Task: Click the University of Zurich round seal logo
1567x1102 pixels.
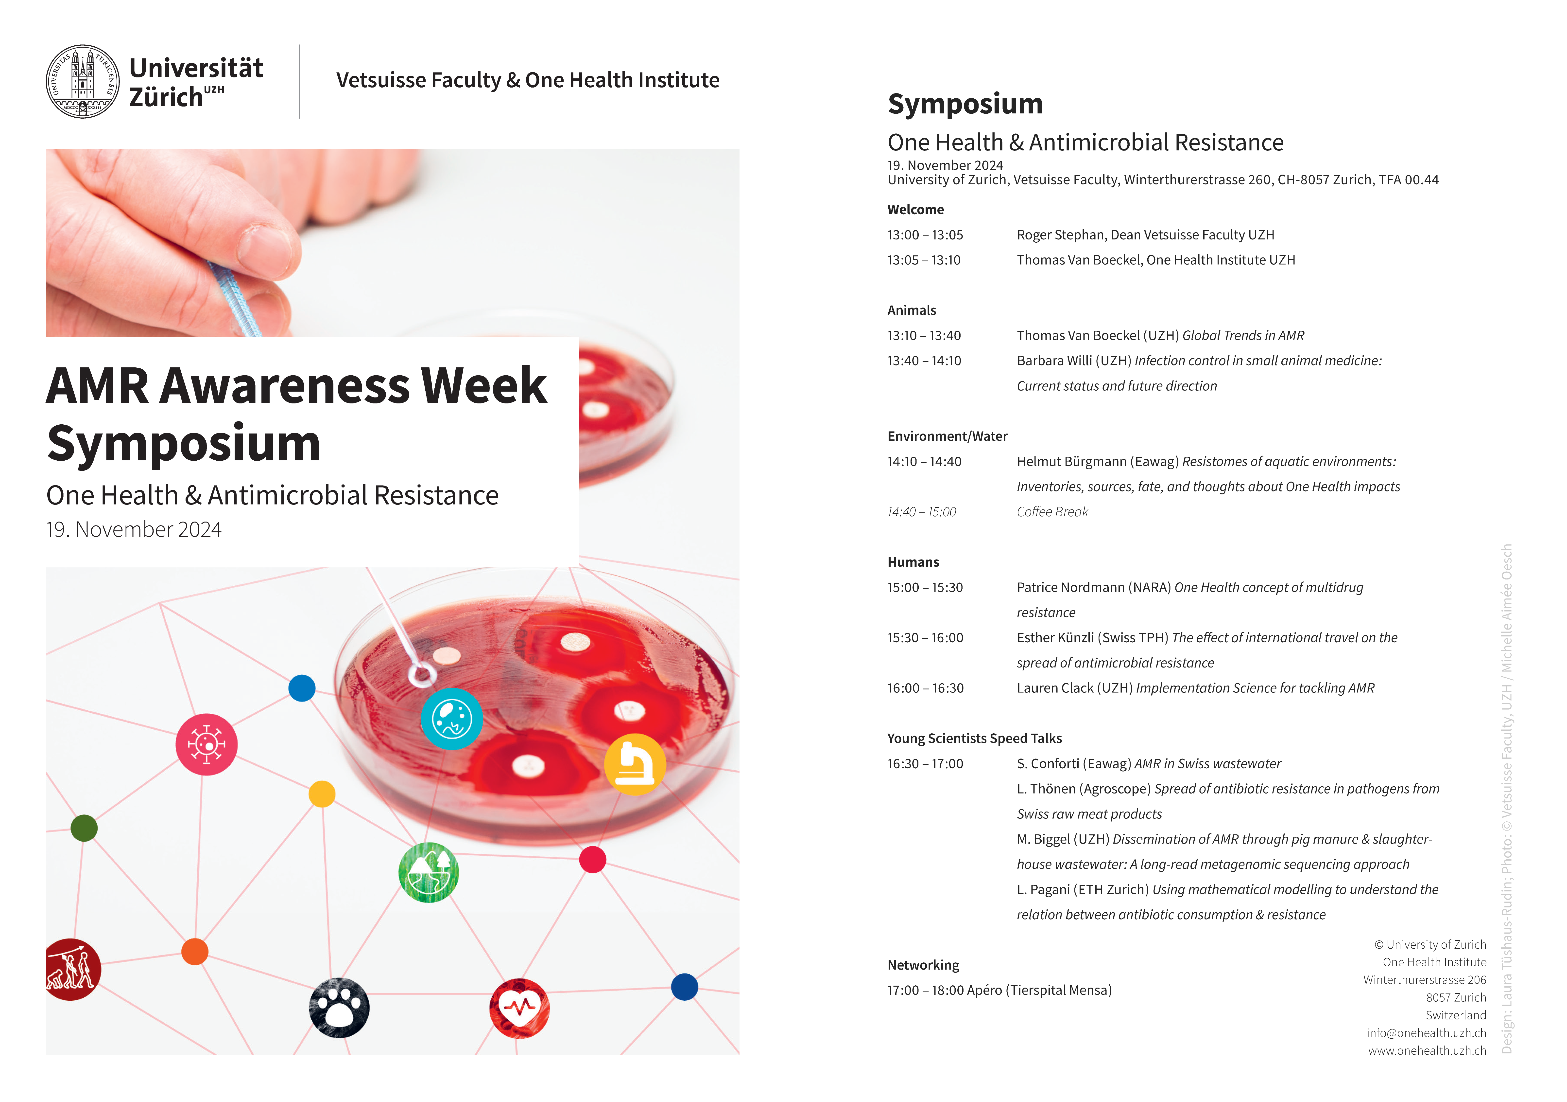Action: [x=83, y=81]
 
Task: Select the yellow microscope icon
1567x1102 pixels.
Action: [x=635, y=764]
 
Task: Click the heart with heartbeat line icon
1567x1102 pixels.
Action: [x=519, y=1008]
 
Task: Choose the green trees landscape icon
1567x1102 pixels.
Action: [x=429, y=873]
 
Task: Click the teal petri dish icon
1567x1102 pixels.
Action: [x=452, y=719]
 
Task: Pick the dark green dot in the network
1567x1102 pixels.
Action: [x=84, y=828]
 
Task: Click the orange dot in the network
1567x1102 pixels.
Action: [x=195, y=951]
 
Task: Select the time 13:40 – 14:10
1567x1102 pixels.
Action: [x=924, y=361]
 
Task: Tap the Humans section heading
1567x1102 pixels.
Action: [x=913, y=562]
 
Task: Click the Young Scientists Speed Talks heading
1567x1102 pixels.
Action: [x=975, y=738]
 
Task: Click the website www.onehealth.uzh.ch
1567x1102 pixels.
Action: [x=1427, y=1050]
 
